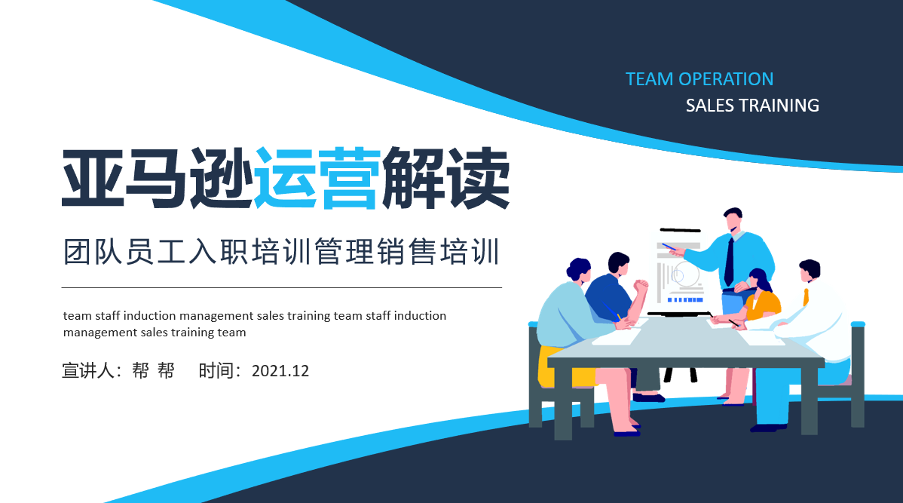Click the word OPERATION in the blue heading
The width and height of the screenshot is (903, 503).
[726, 79]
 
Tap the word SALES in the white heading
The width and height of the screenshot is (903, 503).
[709, 106]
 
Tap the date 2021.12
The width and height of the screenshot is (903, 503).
[280, 370]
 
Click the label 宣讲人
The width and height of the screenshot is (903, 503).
[88, 370]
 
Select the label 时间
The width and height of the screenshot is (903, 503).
[216, 370]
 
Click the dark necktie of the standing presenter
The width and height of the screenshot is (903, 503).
[729, 262]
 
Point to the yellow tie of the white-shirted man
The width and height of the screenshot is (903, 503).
[806, 296]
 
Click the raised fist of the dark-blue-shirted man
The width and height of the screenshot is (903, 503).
[641, 285]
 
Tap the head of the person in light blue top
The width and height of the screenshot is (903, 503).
[578, 270]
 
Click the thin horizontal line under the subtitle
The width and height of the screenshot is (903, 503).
[282, 287]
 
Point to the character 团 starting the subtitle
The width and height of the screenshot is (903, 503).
[77, 252]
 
